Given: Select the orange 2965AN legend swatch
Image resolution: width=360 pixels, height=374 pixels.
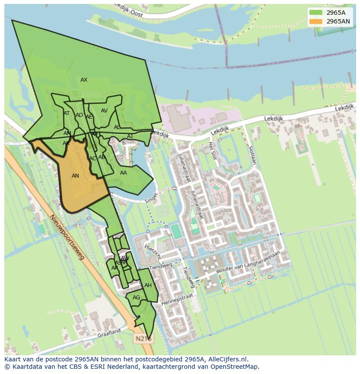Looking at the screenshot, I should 316,21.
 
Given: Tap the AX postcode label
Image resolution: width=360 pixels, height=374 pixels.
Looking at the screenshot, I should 84,80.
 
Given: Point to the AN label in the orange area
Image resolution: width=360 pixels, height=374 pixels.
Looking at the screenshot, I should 75,176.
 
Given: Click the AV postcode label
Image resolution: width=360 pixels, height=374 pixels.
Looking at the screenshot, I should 104,111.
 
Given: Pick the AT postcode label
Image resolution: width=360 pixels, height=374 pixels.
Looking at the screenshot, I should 67,113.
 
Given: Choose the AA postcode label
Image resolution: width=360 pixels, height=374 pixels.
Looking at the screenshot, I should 123,173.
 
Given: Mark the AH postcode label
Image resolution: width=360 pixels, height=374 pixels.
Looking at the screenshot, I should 148,285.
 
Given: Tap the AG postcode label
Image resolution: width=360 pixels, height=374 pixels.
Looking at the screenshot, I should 137,298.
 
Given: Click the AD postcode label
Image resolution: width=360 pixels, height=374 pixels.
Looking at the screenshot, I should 79,115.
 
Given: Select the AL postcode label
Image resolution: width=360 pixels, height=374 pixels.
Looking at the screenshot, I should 117,127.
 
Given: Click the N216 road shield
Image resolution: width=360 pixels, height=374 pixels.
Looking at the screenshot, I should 143,338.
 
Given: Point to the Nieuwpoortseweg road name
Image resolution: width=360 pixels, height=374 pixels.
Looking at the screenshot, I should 67,238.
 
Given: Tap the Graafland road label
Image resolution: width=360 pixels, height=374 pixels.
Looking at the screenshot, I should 109,333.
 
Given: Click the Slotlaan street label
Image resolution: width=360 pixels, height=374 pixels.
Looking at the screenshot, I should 252,155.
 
